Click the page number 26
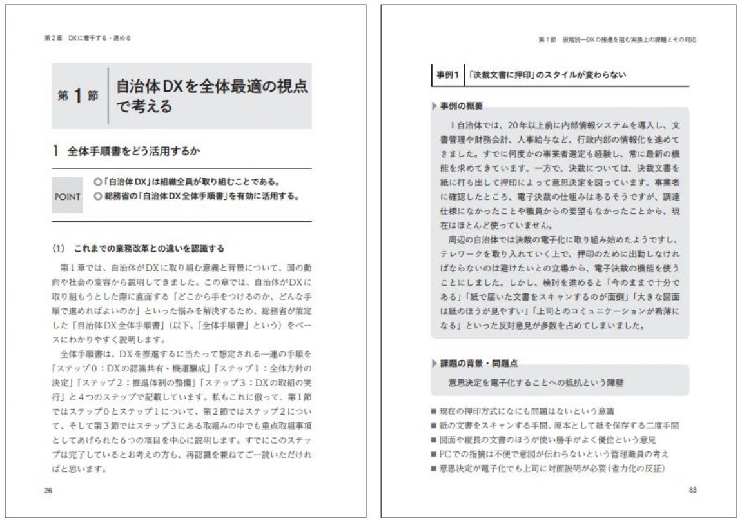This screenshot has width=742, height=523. click(x=48, y=489)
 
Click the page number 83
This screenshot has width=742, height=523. click(x=693, y=489)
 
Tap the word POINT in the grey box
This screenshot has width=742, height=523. click(x=67, y=197)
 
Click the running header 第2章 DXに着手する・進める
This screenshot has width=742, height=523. click(x=87, y=39)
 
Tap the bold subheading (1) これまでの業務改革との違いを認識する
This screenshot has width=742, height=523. click(x=138, y=248)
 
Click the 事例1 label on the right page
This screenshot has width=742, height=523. click(x=445, y=75)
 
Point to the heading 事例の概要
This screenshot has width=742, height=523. click(x=461, y=106)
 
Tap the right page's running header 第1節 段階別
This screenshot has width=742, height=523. click(x=618, y=40)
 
